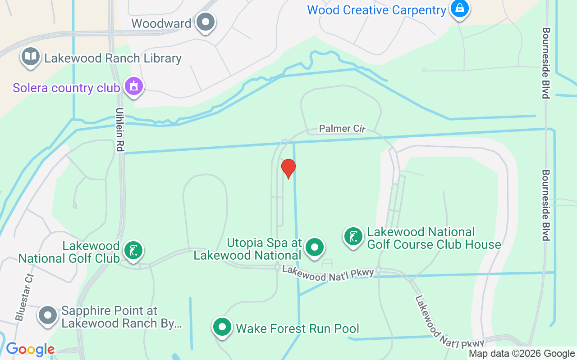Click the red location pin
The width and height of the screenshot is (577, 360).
[288, 169]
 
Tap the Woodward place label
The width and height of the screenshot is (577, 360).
[161, 23]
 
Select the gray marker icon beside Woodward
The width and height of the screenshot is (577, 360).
[206, 21]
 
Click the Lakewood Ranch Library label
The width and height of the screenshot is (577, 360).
[113, 58]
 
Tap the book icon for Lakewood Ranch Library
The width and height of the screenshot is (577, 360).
[31, 57]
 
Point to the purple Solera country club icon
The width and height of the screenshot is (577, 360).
[133, 85]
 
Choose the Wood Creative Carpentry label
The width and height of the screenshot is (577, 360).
[376, 10]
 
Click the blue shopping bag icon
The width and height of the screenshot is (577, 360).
[459, 8]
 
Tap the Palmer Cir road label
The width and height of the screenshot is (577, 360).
[342, 129]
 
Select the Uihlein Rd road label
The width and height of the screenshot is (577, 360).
[119, 129]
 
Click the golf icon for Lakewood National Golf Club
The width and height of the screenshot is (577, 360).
[133, 250]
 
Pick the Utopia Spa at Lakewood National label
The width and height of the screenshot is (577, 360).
[247, 249]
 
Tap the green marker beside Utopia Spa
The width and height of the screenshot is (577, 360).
[314, 247]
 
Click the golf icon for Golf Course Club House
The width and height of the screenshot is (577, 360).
[353, 236]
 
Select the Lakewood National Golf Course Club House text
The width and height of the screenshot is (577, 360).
[434, 238]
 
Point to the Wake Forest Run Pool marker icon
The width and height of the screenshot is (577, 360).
[222, 327]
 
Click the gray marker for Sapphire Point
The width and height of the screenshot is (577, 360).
[47, 315]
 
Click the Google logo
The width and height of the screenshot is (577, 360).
[30, 349]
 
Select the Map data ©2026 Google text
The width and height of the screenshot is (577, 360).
[522, 354]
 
